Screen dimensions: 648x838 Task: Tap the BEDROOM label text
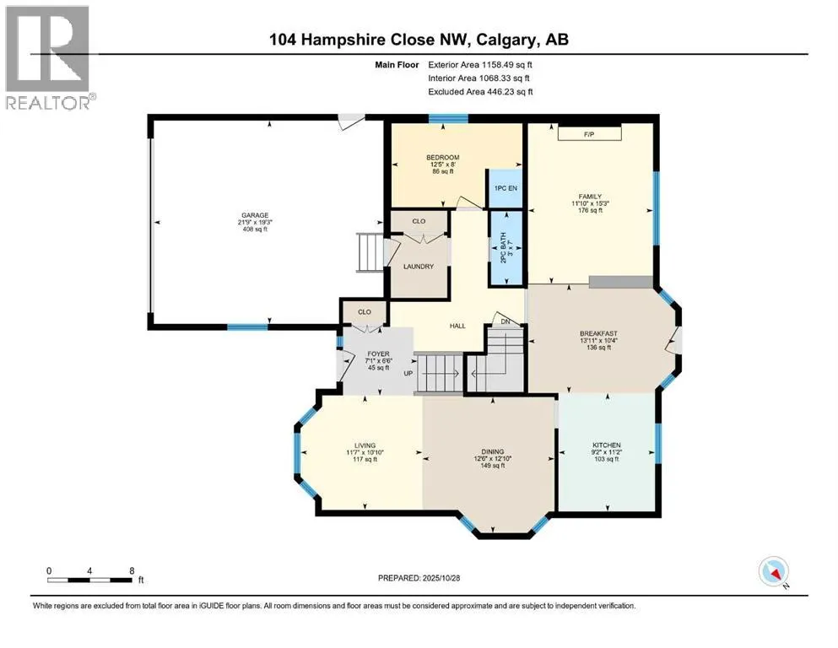click(x=442, y=158)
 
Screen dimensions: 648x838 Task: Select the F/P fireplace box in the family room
click(x=589, y=133)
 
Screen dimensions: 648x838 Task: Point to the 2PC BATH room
click(x=504, y=249)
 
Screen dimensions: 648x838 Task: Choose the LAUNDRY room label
click(x=419, y=267)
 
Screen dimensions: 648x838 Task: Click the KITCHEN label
click(x=606, y=445)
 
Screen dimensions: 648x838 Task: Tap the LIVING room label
click(x=365, y=445)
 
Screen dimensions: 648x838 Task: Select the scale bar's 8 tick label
click(x=132, y=570)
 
